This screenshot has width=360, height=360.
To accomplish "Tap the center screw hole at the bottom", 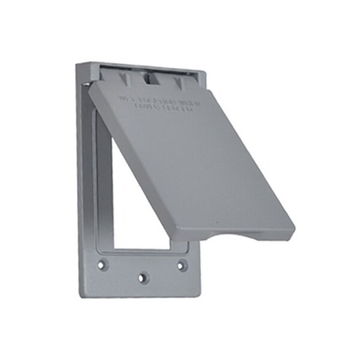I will pos(142,278).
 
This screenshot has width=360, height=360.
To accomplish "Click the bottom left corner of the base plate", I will pos(81,295).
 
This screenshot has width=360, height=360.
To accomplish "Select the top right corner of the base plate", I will pos(205,71).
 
